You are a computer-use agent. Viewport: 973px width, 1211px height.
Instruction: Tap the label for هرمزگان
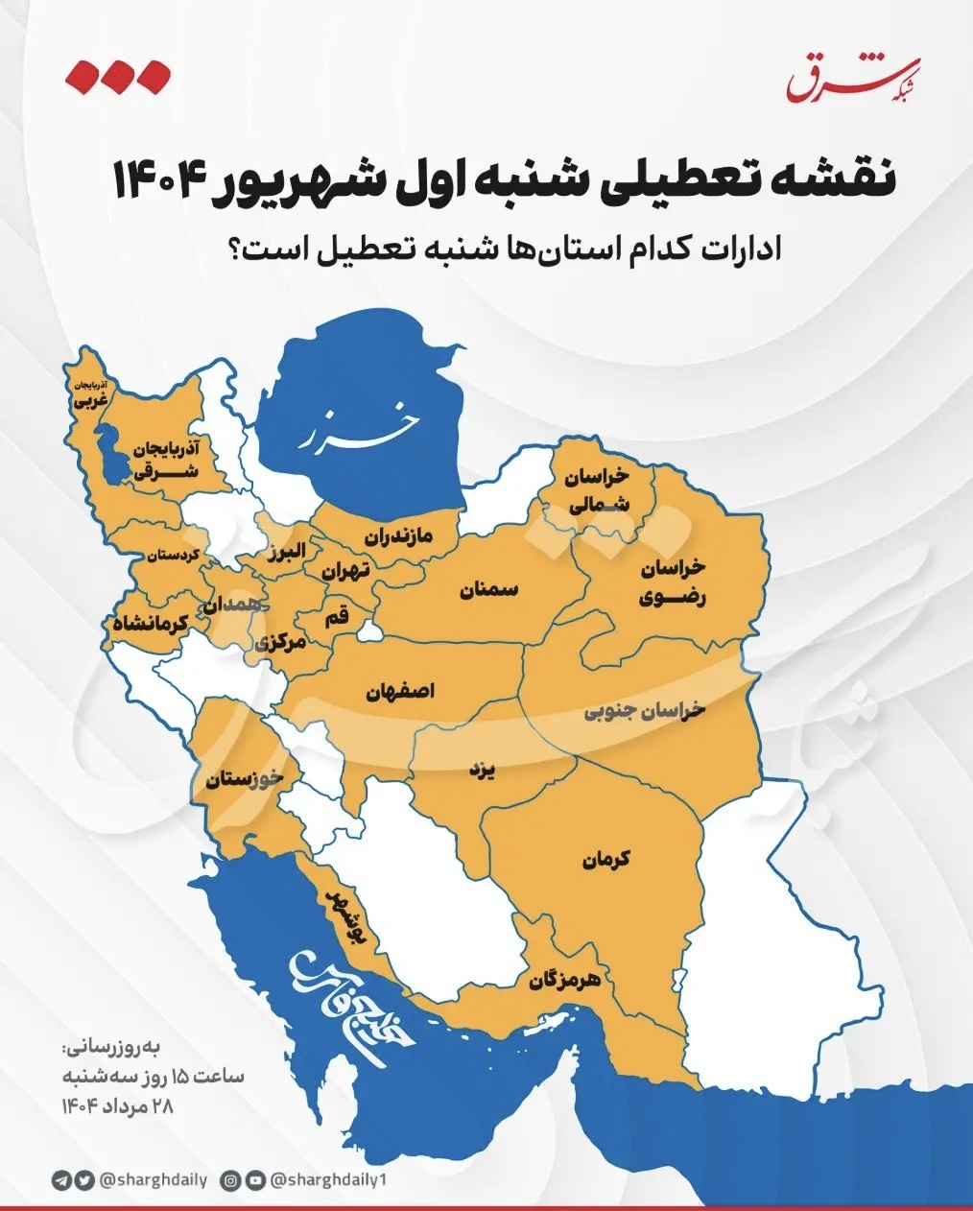564,980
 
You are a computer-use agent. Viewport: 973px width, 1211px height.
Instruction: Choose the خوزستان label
244,778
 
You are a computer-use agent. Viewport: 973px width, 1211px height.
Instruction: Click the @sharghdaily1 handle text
327,1179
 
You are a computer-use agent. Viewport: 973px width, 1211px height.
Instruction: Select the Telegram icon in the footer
61,1179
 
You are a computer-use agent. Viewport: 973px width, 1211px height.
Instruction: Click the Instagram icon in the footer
230,1179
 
